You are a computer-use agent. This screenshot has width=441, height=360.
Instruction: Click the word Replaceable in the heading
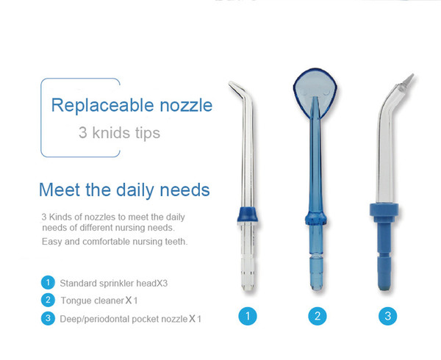pos(102,106)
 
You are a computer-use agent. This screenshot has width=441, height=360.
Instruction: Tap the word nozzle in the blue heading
pos(186,106)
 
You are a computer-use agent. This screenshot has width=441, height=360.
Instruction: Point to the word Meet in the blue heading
pos(60,190)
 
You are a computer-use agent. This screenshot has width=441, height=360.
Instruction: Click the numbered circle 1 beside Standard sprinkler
pos(48,282)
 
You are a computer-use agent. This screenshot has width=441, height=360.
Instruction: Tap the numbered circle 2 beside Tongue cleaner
pos(48,300)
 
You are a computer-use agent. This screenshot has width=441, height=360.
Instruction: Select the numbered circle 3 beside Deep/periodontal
pos(48,318)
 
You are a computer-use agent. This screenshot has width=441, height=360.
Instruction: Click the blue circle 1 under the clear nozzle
pos(248,316)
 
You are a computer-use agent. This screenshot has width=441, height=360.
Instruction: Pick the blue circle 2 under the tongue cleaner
pos(318,316)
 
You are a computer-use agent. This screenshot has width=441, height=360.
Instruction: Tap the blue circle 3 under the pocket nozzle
pos(388,316)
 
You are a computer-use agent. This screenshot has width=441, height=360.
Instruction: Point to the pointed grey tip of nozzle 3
pos(408,80)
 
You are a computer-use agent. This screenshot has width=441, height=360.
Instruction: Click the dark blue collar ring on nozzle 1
pos(248,215)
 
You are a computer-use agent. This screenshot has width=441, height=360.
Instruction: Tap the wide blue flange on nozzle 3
pos(384,209)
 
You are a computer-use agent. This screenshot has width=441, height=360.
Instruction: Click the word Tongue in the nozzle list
pos(74,300)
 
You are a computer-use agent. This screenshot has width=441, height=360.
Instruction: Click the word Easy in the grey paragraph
pos(51,242)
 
